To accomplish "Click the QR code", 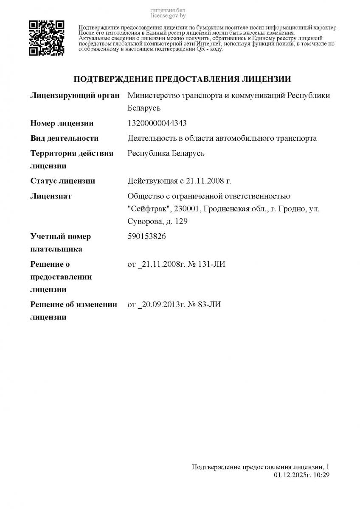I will (46, 38).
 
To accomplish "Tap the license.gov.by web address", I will (168, 16).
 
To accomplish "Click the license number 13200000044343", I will (157, 123).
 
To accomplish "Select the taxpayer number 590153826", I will (146, 236).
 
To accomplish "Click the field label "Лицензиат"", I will (51, 196).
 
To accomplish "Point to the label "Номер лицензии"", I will (62, 123).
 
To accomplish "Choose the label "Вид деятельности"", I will (65, 138).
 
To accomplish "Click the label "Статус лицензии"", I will (63, 181).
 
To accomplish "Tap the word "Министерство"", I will (154, 95).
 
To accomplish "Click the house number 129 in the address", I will (181, 221).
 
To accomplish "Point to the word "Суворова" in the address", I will (144, 221).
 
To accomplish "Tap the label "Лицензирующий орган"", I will (75, 95).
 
